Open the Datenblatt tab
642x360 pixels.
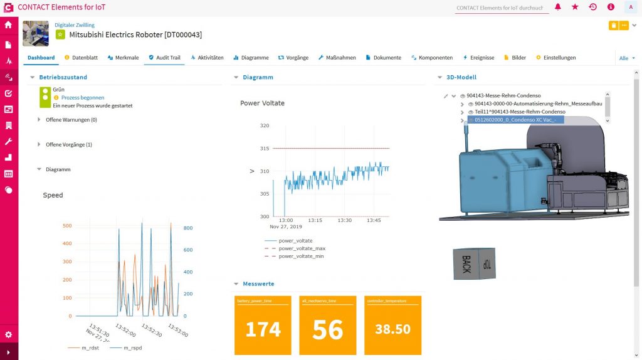tap(81, 58)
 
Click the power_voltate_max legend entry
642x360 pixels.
tap(302, 248)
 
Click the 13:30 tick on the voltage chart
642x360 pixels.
tap(344, 221)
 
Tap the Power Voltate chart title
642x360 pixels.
tap(262, 103)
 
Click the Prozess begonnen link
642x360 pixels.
tap(83, 98)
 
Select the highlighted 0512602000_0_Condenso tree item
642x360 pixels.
tap(511, 119)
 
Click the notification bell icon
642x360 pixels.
tap(557, 7)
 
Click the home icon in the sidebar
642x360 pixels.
tap(9, 26)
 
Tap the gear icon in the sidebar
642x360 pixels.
tap(9, 335)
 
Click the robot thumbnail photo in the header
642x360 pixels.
tap(35, 33)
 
